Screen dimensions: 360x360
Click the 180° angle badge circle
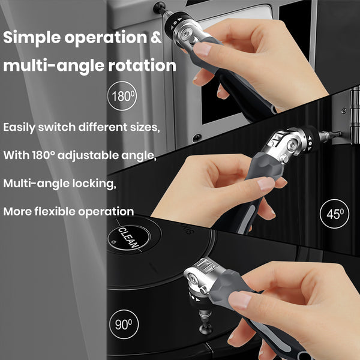pyautogui.click(x=122, y=96)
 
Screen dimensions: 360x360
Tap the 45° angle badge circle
pyautogui.click(x=335, y=213)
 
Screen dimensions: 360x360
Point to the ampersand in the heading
pyautogui.click(x=155, y=38)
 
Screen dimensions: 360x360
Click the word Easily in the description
pyautogui.click(x=22, y=128)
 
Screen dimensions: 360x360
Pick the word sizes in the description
pyautogui.click(x=144, y=128)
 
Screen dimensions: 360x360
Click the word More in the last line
pyautogui.click(x=16, y=211)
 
